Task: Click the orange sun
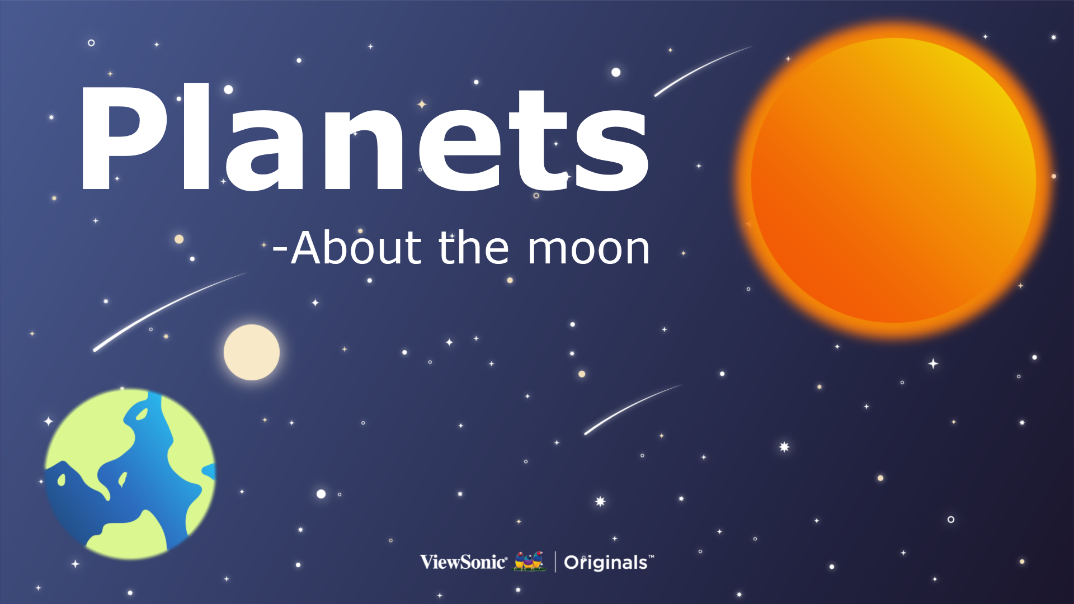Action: click(894, 180)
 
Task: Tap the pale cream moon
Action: click(252, 352)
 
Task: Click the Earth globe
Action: click(130, 474)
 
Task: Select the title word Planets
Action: click(365, 138)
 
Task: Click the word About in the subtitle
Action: click(356, 247)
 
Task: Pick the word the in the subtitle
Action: click(474, 247)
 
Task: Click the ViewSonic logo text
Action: click(464, 561)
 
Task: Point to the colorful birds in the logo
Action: click(529, 561)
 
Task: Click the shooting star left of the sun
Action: click(703, 71)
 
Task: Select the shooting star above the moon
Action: click(169, 312)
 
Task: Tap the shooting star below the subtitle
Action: click(633, 409)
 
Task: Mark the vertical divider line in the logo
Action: click(555, 561)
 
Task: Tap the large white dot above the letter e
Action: click(616, 72)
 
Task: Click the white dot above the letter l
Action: click(228, 89)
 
